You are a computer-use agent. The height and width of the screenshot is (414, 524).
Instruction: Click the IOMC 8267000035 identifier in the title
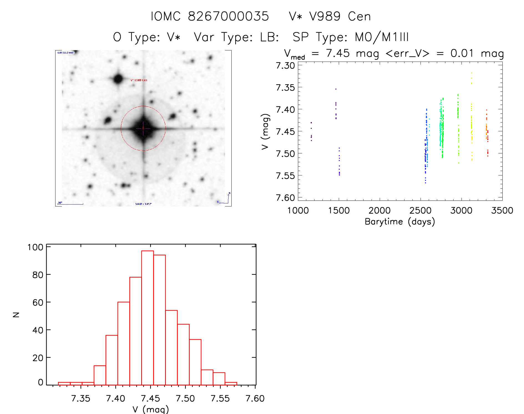click(210, 16)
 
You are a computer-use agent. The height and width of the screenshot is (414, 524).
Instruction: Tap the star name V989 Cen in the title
click(330, 16)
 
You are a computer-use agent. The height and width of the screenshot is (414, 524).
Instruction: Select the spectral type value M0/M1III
click(382, 37)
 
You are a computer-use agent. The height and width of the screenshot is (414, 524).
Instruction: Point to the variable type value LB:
click(269, 37)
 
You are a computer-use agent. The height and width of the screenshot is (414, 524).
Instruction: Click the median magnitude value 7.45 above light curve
click(338, 53)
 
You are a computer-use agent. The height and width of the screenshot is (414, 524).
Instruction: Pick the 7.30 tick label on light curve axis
click(285, 66)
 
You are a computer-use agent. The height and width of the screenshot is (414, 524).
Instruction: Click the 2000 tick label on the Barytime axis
click(379, 211)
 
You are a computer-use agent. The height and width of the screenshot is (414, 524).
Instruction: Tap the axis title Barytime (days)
click(400, 222)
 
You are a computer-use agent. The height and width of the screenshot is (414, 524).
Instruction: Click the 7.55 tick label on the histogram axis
click(220, 398)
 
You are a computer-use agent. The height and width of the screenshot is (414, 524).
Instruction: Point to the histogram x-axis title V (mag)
click(151, 409)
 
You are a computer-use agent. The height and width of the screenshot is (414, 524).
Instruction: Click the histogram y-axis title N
click(16, 315)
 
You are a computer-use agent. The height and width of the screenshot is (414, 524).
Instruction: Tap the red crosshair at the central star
click(143, 128)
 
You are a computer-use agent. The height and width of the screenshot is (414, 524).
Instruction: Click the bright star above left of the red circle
click(118, 79)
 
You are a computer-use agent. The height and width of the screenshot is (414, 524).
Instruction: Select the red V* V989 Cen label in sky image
click(139, 80)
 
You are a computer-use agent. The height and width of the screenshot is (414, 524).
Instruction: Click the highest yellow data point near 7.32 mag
click(471, 73)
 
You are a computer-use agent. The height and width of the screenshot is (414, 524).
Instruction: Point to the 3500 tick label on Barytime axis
click(502, 211)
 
